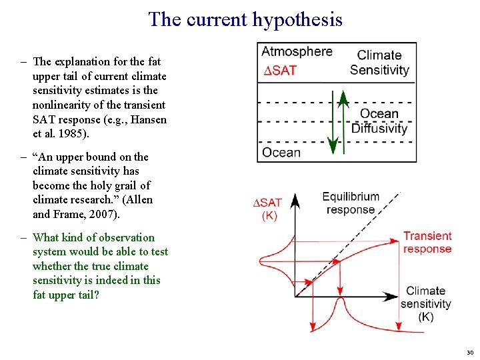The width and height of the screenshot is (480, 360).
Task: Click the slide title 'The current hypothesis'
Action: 245,19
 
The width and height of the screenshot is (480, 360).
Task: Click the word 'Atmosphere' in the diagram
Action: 297,52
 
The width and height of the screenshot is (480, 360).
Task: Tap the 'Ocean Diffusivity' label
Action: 379,121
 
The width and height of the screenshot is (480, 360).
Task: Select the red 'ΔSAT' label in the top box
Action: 280,71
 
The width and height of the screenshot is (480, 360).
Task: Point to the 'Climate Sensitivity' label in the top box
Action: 379,63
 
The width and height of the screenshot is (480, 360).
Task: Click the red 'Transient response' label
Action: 427,242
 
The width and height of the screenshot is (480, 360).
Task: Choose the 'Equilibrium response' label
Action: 351,203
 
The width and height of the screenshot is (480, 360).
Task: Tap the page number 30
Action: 469,352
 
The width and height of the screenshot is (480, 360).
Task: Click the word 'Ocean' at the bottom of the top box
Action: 281,153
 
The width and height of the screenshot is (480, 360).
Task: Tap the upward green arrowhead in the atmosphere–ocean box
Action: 343,99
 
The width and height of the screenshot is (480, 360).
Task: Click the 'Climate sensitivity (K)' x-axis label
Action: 426,303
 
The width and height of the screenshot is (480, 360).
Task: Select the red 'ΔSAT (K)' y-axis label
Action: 269,209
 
